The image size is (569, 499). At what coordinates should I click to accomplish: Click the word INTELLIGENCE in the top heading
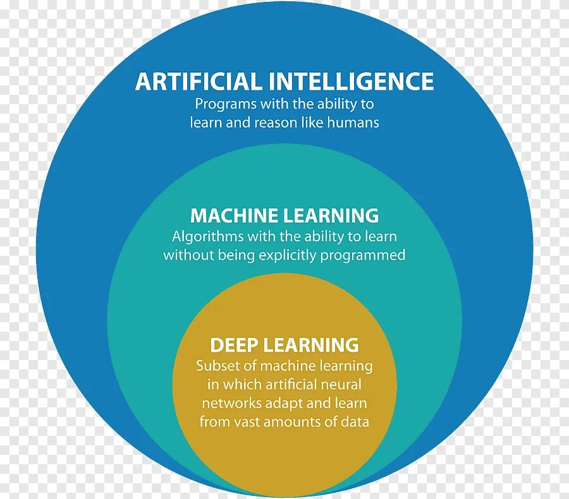(x=351, y=81)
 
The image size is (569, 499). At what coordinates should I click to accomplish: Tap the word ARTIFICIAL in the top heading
(x=198, y=81)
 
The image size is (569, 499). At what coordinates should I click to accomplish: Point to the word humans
(x=353, y=123)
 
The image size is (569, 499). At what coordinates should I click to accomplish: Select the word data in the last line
(x=355, y=422)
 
